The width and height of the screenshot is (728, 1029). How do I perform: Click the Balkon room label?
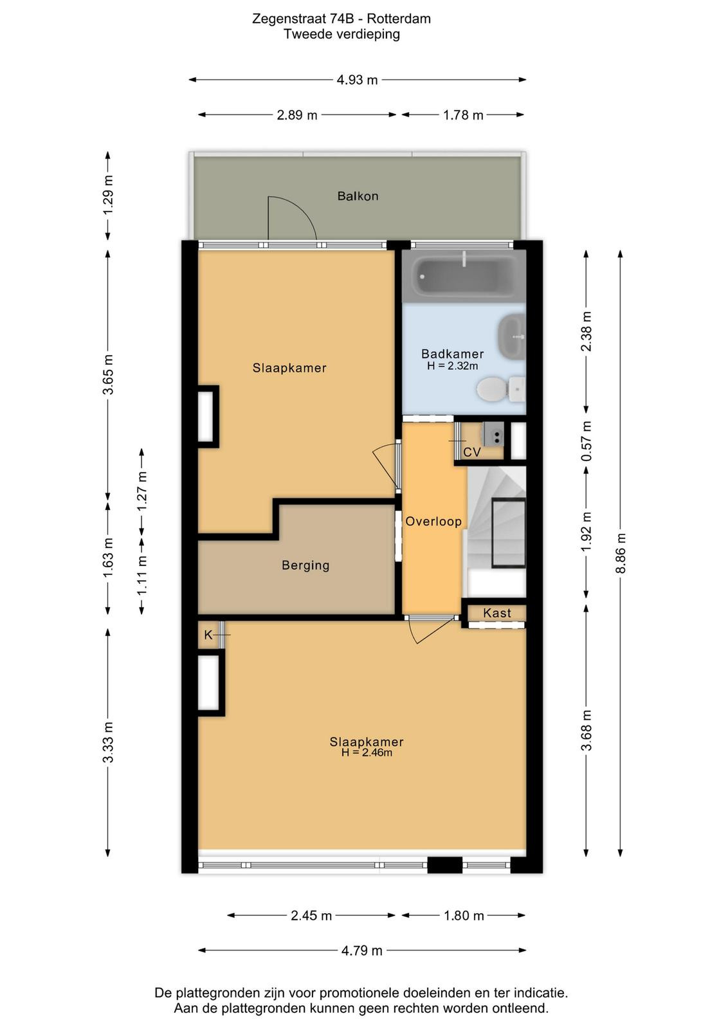[358, 196]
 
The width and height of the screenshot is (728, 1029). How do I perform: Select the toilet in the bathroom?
[500, 390]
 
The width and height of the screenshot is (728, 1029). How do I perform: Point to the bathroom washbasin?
[511, 336]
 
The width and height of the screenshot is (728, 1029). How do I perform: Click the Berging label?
[305, 565]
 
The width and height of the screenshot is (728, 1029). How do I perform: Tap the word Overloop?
[433, 522]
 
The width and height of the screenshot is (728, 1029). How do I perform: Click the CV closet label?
[471, 453]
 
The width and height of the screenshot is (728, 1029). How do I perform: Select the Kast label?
[497, 613]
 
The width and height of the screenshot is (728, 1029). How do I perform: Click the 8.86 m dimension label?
[621, 553]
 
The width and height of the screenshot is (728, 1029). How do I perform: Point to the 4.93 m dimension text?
[357, 80]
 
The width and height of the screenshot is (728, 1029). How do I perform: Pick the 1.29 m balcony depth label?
[108, 195]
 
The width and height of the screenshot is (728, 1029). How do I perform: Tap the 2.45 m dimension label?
[311, 916]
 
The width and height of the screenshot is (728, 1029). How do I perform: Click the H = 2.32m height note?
[452, 366]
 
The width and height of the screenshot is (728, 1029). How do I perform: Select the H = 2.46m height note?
[367, 752]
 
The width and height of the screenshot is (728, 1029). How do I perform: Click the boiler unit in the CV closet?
[493, 434]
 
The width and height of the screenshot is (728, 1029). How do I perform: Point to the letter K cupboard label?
[208, 635]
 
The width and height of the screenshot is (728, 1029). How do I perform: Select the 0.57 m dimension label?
[587, 441]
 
